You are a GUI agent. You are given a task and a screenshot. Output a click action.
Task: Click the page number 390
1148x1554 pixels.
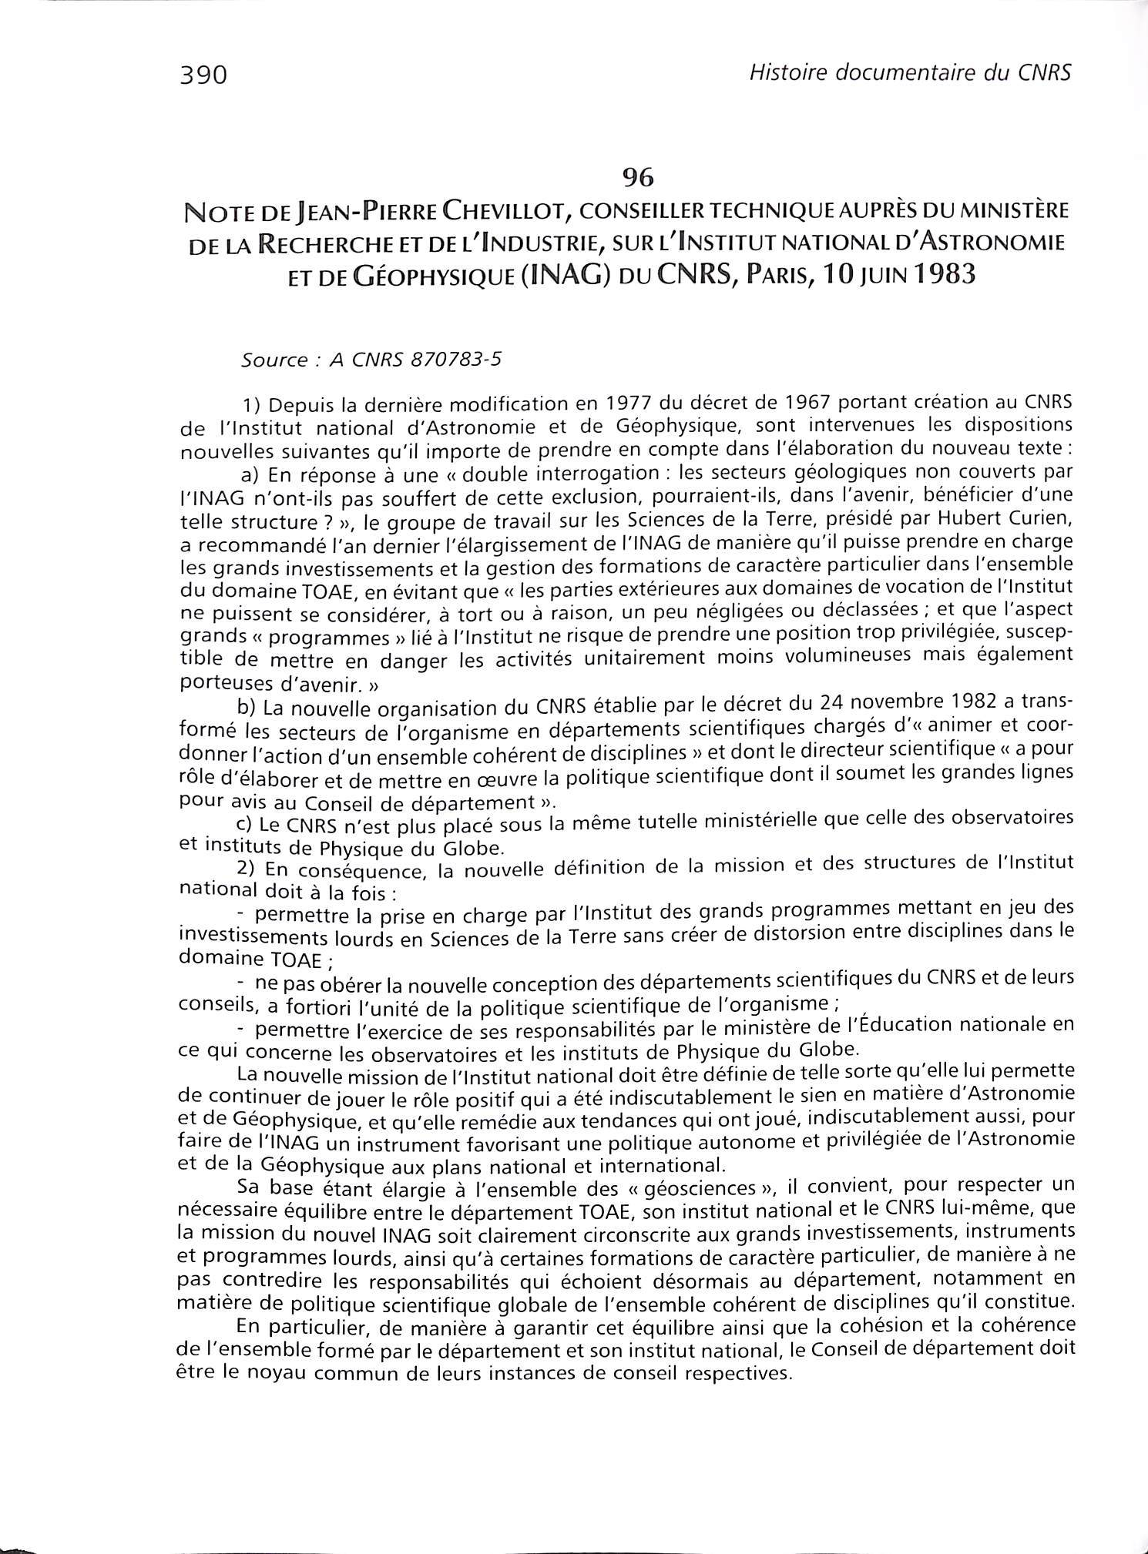pyautogui.click(x=203, y=75)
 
